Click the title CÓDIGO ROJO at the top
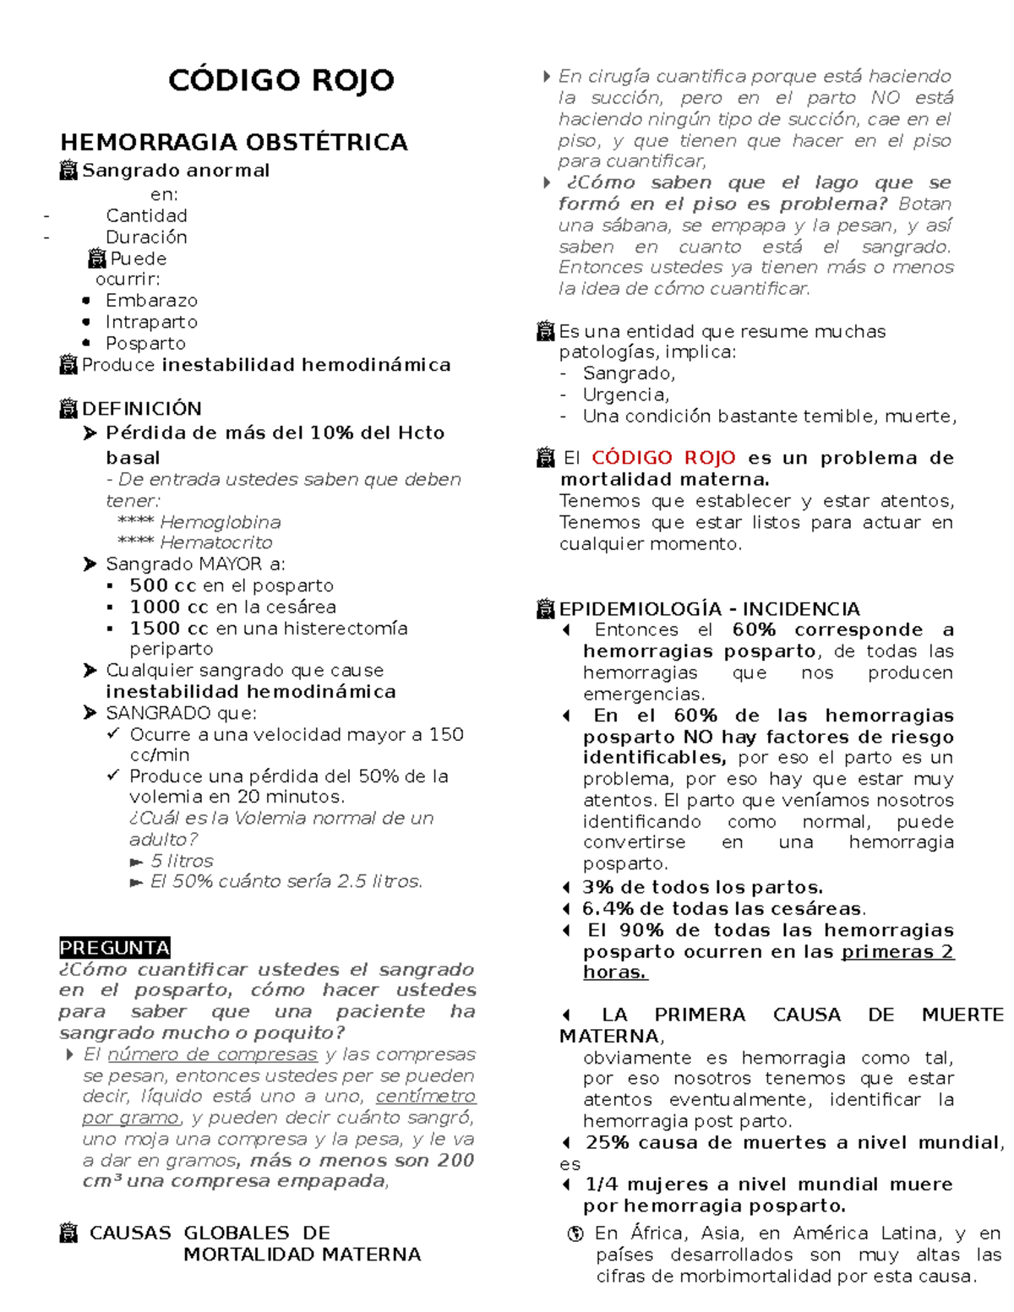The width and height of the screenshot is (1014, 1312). (281, 80)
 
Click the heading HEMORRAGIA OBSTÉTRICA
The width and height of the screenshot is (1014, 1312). (233, 142)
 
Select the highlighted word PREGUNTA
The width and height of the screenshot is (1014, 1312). (115, 947)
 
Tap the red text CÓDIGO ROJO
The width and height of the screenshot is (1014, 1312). (663, 458)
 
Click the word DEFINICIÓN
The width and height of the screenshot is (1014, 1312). (141, 409)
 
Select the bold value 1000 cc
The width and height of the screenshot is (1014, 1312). (168, 607)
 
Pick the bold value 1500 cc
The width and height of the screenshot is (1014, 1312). (168, 629)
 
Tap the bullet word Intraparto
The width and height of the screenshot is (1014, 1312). (151, 322)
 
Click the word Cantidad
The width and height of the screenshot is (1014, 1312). (146, 215)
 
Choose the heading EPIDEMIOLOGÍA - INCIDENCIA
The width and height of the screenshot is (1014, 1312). (709, 609)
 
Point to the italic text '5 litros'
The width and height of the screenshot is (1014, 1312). (182, 861)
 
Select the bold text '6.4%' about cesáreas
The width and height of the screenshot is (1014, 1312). (608, 909)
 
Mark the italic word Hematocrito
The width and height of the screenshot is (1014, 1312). (216, 542)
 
